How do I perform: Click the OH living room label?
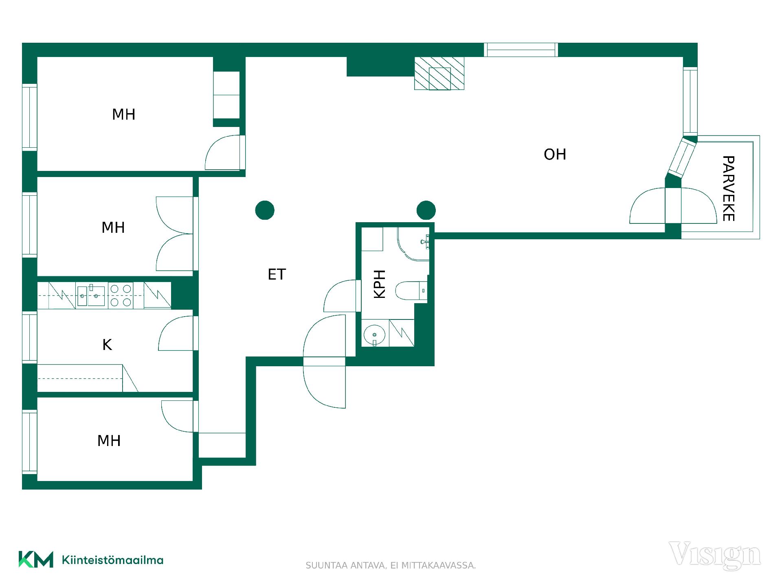[555, 155]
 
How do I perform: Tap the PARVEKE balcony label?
[728, 188]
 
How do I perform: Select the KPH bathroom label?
[380, 284]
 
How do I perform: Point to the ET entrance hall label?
[277, 275]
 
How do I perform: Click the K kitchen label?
[107, 345]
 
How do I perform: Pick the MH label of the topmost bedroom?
[123, 115]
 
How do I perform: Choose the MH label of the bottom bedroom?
[109, 441]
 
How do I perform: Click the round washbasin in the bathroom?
[374, 335]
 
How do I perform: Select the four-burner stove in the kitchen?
[121, 295]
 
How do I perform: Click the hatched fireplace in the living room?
[439, 73]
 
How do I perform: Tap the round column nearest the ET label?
[265, 210]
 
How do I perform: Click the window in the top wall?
[521, 50]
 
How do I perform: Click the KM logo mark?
[36, 560]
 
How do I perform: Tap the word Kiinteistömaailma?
[112, 560]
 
